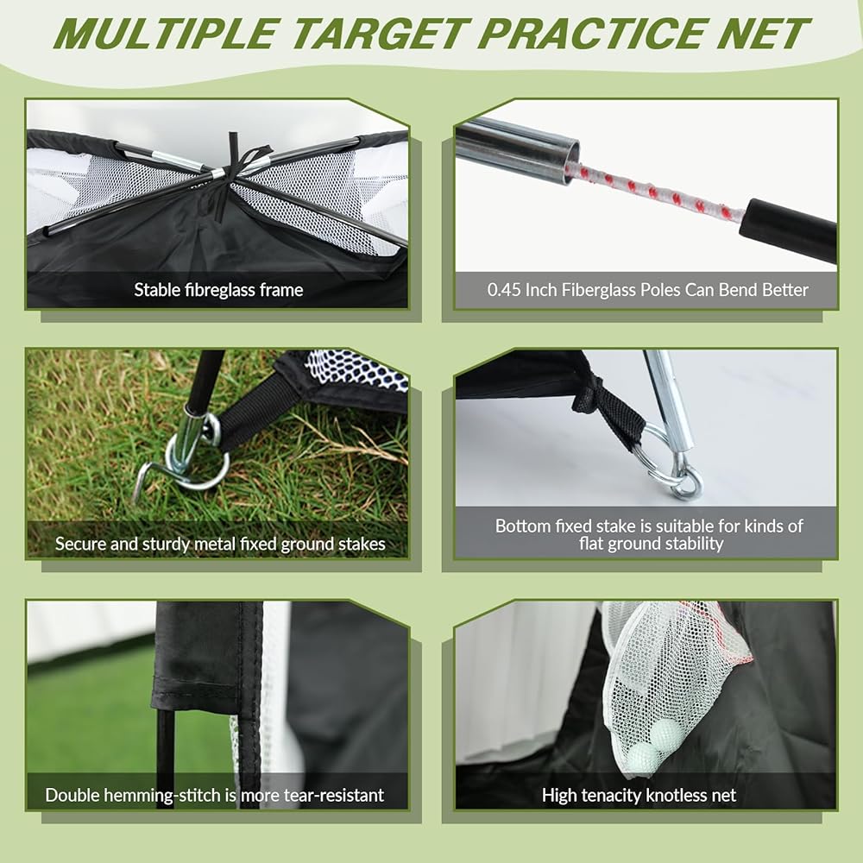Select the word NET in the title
point(763,34)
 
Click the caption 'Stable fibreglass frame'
point(218,290)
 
